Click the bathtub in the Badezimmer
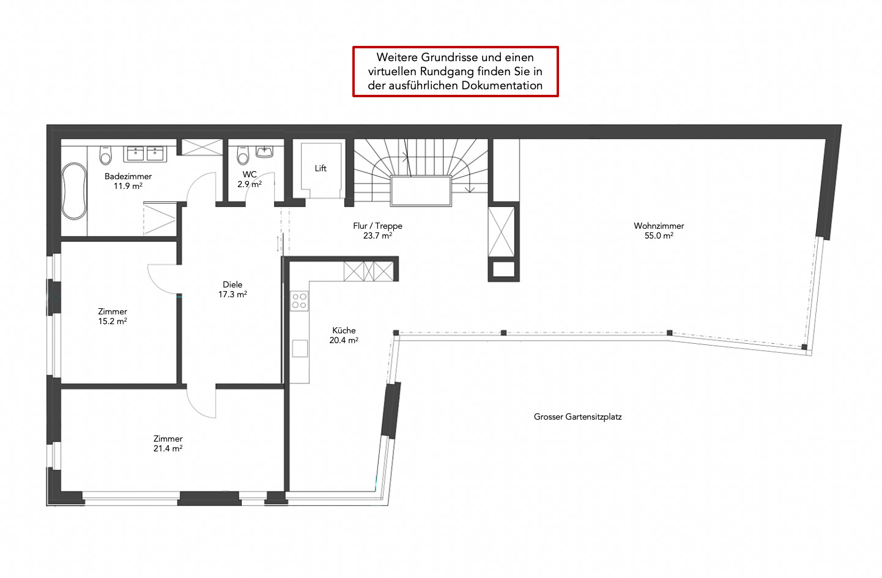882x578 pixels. click(74, 191)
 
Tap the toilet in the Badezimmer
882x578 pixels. click(106, 155)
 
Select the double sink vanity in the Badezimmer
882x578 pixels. click(145, 154)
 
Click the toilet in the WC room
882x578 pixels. click(243, 155)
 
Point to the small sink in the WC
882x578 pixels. click(265, 152)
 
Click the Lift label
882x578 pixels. click(321, 169)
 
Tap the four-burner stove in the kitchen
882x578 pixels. click(299, 301)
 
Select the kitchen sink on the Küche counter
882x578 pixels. click(300, 349)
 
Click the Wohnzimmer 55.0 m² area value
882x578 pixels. click(659, 236)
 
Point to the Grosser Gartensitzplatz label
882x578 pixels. click(577, 417)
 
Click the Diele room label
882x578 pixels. click(232, 284)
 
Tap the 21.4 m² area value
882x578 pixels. click(168, 448)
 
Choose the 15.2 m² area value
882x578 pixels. click(112, 321)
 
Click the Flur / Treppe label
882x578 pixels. click(377, 226)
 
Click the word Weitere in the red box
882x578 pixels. click(398, 57)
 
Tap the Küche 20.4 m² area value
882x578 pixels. click(344, 340)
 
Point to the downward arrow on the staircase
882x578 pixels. click(470, 185)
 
